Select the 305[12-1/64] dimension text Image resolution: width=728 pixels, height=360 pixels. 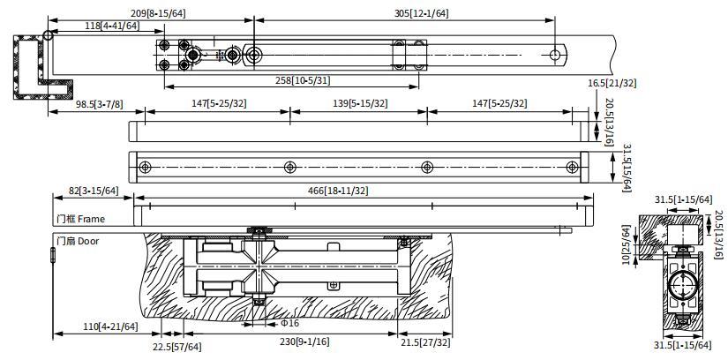(x=421, y=13)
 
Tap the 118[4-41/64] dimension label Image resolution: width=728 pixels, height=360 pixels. (x=112, y=26)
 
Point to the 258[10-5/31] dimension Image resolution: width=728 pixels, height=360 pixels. (x=303, y=80)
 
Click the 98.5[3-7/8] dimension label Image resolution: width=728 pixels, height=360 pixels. (x=100, y=104)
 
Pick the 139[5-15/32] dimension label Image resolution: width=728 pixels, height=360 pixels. (x=360, y=103)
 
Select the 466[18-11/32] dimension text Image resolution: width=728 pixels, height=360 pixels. (x=338, y=191)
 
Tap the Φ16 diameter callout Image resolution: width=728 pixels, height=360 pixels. (x=289, y=323)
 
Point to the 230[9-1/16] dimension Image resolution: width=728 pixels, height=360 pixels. (x=304, y=341)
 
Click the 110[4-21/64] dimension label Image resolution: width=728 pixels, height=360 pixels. (x=110, y=326)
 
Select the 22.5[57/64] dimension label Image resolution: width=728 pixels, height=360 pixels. (x=177, y=347)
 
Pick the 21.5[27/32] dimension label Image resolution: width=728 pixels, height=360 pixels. (x=425, y=343)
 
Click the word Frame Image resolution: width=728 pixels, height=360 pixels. (x=91, y=219)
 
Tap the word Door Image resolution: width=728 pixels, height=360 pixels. (x=88, y=241)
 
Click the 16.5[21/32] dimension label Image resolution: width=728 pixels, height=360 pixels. (x=612, y=83)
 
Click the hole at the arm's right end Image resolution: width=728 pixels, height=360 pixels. (x=555, y=56)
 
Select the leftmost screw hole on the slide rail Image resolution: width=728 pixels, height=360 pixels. (x=145, y=168)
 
